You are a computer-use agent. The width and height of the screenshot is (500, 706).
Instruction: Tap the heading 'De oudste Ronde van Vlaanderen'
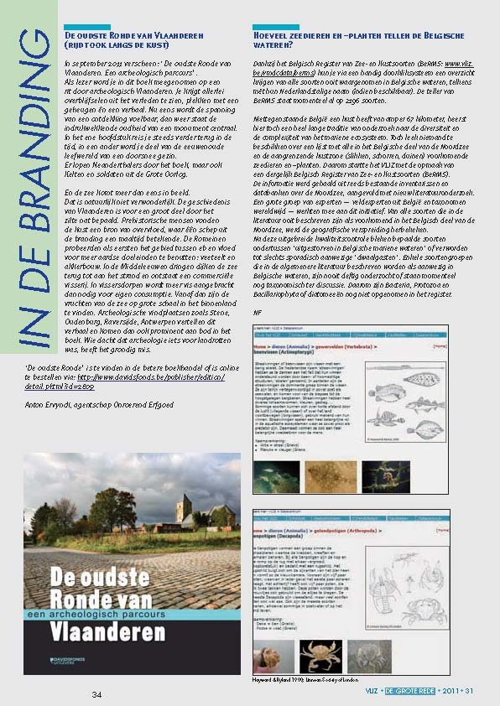(x=130, y=36)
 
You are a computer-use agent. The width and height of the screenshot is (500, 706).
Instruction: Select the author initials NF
(x=258, y=312)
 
